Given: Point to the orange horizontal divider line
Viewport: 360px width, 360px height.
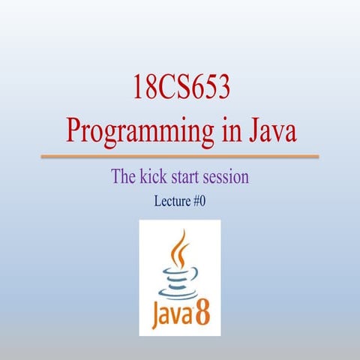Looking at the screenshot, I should tap(179, 157).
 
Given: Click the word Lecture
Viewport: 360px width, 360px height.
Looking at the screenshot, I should tap(172, 200).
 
